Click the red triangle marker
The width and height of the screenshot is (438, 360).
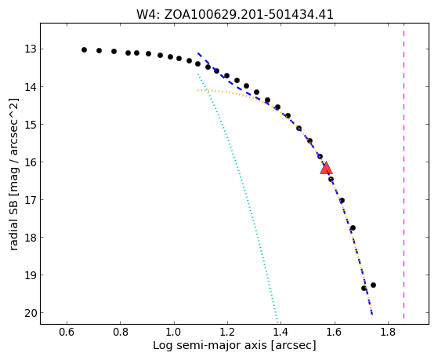coord(326,169)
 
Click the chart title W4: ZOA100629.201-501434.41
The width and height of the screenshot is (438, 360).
coord(234,14)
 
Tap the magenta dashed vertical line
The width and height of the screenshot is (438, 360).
coord(404,171)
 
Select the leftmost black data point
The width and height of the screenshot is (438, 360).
coord(84,49)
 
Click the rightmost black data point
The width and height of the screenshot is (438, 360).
coord(373,285)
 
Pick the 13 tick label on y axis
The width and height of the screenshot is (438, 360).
coord(31,49)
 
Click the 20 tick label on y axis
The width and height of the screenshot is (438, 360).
coord(31,313)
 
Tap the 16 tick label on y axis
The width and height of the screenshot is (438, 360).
coord(31,162)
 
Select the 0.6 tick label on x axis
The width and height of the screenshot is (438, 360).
coord(67,333)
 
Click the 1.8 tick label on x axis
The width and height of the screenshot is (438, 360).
coord(388,333)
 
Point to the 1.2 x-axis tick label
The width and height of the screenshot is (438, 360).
coord(227,333)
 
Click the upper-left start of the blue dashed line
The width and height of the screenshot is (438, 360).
coord(197,53)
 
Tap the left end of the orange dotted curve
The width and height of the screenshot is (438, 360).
coord(197,90)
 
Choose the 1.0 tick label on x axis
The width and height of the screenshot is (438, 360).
coord(174,333)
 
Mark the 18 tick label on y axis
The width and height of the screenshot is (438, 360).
coord(31,238)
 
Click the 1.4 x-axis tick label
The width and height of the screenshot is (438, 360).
coord(281,333)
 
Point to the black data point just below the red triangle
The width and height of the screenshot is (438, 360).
coord(331,179)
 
